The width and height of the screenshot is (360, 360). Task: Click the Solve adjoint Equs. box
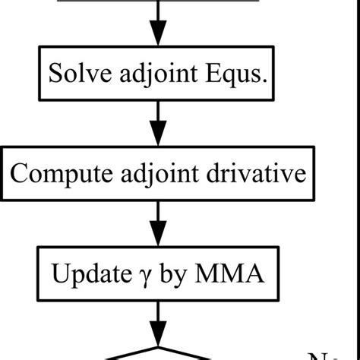click(x=158, y=74)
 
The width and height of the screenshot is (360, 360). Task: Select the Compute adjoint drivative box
click(x=158, y=175)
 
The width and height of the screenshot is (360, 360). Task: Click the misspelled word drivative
click(x=257, y=174)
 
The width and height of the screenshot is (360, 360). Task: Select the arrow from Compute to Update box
click(x=158, y=222)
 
